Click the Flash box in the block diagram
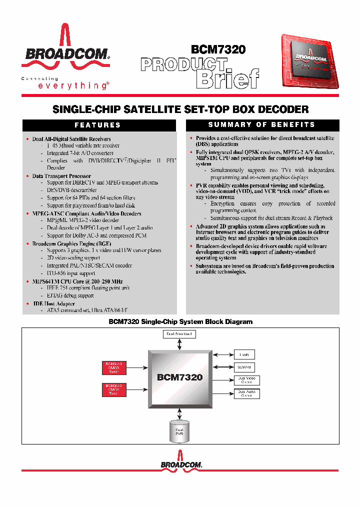pos(244,354)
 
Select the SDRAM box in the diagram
pos(244,367)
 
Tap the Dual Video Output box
pos(246,380)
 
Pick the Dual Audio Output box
pos(246,393)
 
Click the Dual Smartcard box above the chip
pos(179,333)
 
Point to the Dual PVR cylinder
pos(179,430)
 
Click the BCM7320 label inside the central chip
pos(179,377)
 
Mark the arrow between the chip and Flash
pos(222,354)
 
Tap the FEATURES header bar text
pos(98,125)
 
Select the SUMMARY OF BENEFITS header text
pos(261,124)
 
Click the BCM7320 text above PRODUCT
pos(218,50)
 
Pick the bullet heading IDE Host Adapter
pos(51,303)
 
